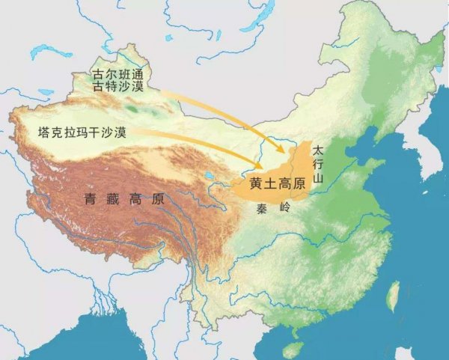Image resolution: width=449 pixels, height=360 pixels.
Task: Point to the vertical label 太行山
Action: pos(317,164)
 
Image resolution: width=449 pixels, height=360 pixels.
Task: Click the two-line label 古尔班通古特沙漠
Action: pos(121,81)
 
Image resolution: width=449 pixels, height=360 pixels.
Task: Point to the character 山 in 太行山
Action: pos(317,179)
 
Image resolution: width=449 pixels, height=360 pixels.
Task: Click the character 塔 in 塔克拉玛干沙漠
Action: pos(43,132)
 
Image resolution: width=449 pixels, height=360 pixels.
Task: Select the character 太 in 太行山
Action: pos(317,150)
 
